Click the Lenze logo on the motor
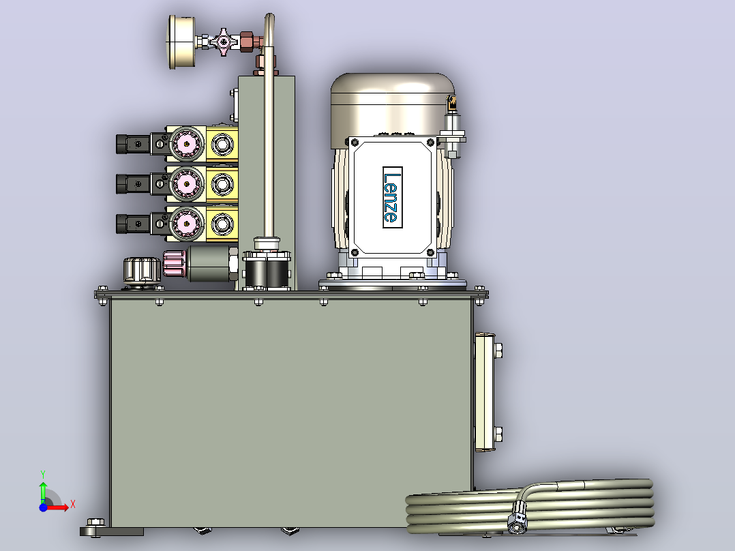[392, 198]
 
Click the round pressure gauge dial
[181, 42]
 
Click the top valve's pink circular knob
[187, 144]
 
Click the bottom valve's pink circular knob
[187, 224]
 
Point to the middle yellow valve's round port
[222, 184]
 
